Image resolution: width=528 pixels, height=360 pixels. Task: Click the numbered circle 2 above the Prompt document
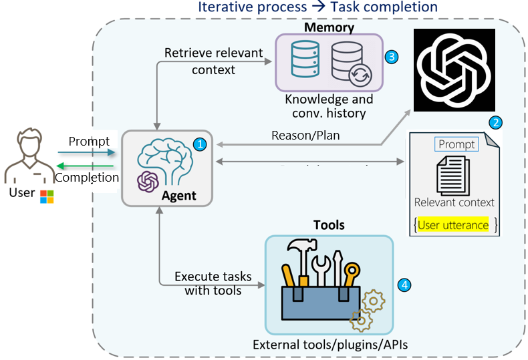click(x=495, y=122)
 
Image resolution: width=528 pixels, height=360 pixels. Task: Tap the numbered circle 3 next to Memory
click(x=392, y=56)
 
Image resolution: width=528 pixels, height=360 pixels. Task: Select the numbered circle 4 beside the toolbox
click(x=404, y=285)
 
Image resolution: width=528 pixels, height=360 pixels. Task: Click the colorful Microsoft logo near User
click(x=47, y=196)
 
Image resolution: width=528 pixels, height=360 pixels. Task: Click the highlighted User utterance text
click(x=453, y=225)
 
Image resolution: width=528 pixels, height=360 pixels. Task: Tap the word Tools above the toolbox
click(x=329, y=225)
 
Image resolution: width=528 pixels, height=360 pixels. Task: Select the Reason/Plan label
click(x=305, y=135)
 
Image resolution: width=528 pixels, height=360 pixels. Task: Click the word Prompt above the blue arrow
click(x=89, y=142)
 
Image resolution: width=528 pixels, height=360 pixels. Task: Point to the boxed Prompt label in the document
click(x=457, y=144)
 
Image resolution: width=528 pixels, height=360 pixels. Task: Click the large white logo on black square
click(x=454, y=69)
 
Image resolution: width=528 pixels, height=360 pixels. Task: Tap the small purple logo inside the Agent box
click(x=147, y=181)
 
